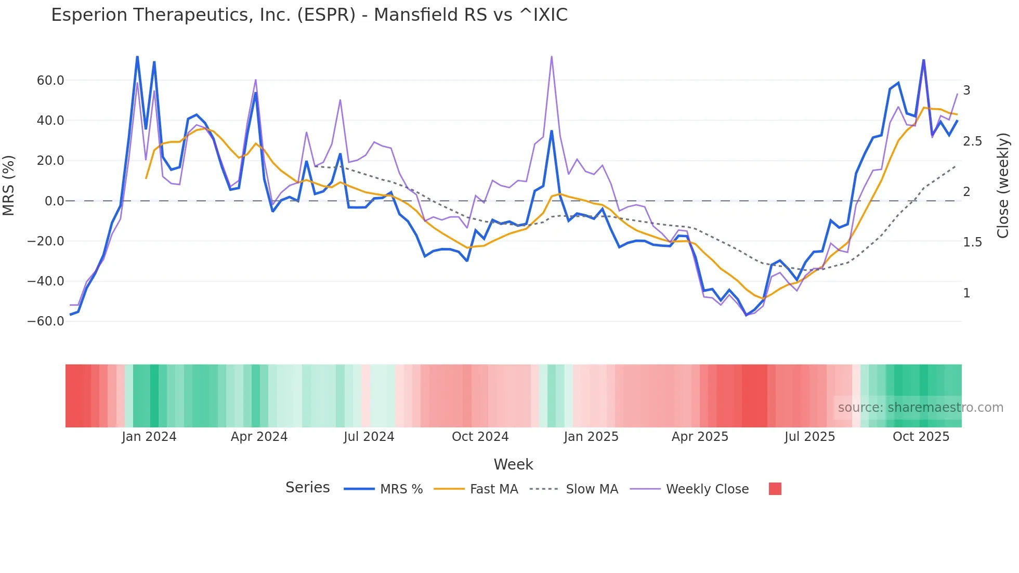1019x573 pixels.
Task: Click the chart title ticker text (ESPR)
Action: (326, 15)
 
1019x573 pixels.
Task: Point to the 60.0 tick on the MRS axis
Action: (50, 81)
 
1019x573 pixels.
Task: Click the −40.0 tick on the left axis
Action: (46, 281)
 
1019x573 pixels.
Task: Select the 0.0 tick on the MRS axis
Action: (55, 201)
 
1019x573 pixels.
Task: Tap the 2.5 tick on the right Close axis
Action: (972, 141)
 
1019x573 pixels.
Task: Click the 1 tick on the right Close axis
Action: (966, 293)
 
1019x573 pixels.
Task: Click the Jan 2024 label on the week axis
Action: (149, 437)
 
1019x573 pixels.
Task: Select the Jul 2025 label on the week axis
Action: (809, 437)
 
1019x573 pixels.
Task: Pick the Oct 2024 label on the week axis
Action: (480, 437)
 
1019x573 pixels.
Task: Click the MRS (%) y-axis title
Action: (9, 186)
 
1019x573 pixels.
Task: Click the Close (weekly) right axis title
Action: (1003, 186)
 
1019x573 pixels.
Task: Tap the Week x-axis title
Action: (513, 464)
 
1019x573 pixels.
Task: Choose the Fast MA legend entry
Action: (493, 489)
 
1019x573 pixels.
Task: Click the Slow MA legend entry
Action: (592, 489)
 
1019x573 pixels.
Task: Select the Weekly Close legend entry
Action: (707, 489)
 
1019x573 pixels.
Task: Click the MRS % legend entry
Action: (401, 489)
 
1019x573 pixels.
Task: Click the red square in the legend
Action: (775, 489)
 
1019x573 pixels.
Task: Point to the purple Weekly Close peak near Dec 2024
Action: (552, 57)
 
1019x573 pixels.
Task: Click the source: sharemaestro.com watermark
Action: (920, 408)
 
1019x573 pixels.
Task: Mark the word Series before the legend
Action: (307, 488)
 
